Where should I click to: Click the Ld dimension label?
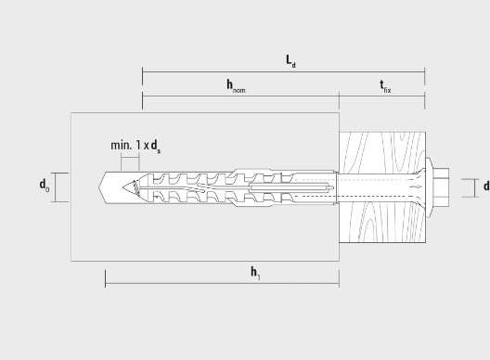tap(290, 61)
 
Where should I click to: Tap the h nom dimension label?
tap(236, 86)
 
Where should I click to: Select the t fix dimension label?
tap(385, 86)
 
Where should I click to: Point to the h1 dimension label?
tap(255, 273)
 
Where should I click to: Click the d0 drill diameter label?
tap(44, 185)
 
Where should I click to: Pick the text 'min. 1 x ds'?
tap(135, 146)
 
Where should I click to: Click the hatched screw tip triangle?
tap(131, 187)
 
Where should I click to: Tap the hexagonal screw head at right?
tap(441, 187)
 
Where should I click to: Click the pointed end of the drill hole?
tap(99, 187)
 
